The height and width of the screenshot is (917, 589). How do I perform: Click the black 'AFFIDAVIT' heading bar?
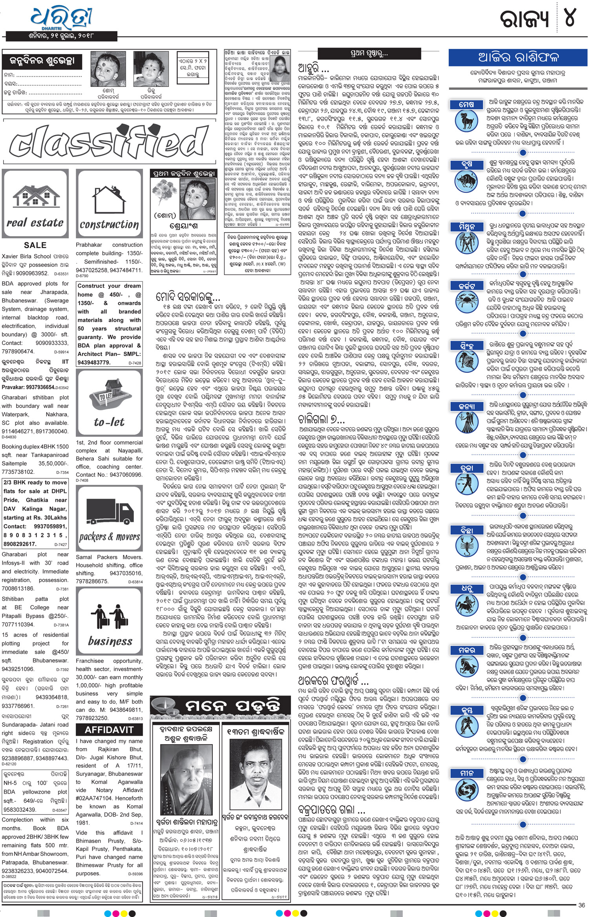point(109,730)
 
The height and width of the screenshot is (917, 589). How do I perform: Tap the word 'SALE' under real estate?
point(35,245)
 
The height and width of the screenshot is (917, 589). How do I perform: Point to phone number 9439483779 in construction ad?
point(94,363)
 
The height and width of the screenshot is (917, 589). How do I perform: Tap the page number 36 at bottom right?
point(582,905)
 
